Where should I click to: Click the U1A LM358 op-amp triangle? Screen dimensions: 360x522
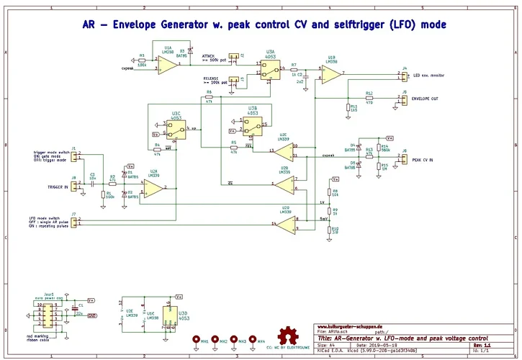[x=167, y=66]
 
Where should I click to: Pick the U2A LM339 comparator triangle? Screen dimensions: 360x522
[x=153, y=188]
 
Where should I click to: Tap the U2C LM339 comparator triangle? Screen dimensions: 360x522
[x=283, y=151]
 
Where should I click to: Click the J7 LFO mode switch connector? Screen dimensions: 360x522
[x=75, y=222]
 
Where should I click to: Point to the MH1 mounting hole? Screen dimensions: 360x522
[x=196, y=338]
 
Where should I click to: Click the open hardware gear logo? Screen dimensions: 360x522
[x=290, y=335]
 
